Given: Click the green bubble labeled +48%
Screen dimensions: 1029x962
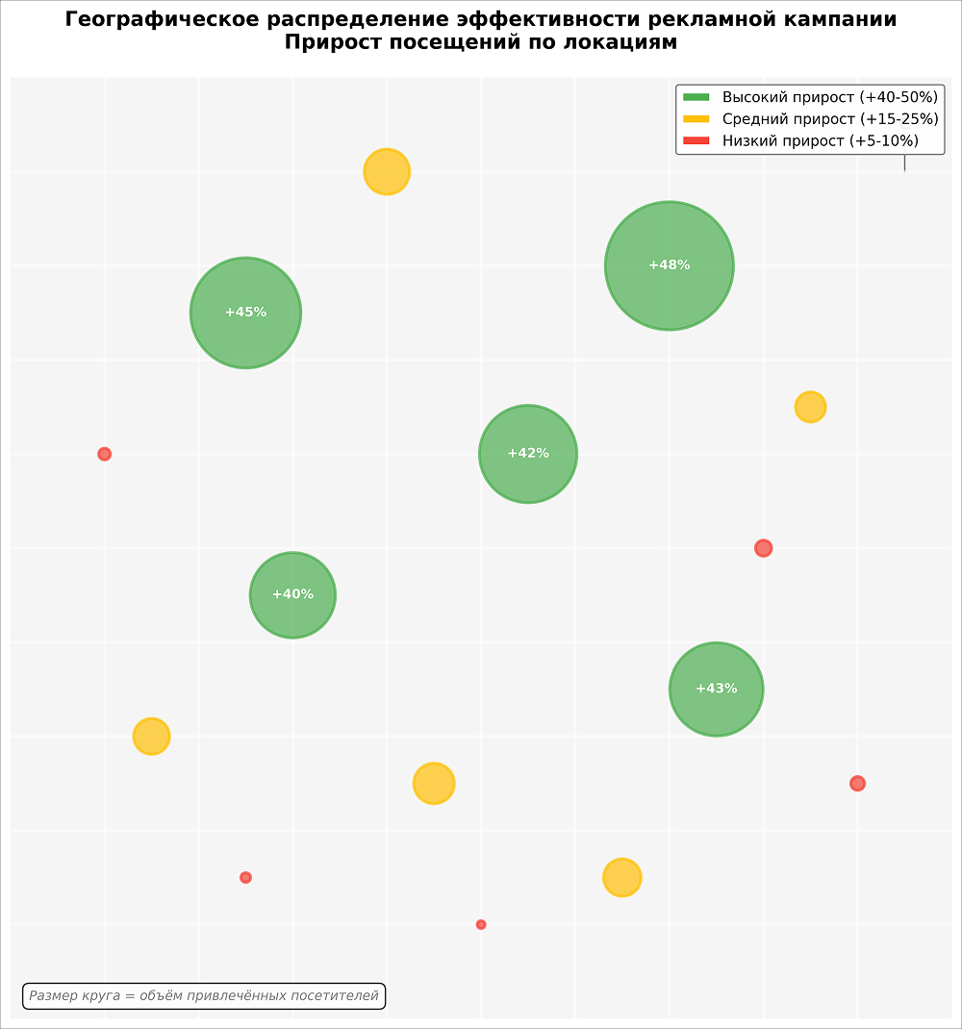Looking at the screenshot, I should click(x=669, y=265).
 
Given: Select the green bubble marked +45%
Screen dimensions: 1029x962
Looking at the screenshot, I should click(x=245, y=313).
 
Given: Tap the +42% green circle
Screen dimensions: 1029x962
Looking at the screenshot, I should click(x=527, y=454).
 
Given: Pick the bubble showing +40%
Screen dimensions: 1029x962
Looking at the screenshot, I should click(x=292, y=595).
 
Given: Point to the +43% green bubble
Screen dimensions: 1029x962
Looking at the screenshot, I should click(x=716, y=690).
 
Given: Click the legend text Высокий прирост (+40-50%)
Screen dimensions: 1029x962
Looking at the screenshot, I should click(x=829, y=97).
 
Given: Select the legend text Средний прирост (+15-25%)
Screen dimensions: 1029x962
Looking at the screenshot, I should click(x=829, y=119).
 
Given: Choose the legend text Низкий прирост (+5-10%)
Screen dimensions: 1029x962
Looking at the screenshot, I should click(x=820, y=141).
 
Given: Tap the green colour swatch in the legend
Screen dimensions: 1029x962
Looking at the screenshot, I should click(x=696, y=97).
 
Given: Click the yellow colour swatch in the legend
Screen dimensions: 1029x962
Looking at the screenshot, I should click(x=696, y=119).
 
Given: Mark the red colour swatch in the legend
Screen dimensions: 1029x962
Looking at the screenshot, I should click(x=696, y=141).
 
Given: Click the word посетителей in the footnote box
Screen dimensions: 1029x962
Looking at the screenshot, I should click(x=335, y=996).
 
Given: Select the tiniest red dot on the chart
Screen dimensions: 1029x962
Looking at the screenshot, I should click(x=481, y=924).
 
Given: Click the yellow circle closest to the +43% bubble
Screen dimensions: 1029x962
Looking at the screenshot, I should click(x=621, y=877).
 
